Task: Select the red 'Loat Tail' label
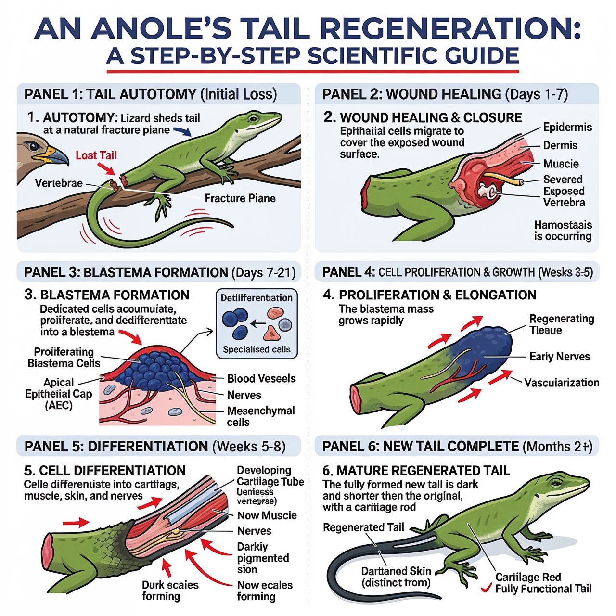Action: point(96,155)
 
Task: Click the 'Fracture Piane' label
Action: point(240,198)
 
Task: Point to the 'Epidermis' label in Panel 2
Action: point(567,127)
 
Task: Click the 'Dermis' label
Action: point(560,145)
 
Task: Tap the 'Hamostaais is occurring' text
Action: point(563,231)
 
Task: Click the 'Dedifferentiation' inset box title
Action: point(257,298)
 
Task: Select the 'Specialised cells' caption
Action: point(257,349)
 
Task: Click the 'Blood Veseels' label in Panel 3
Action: point(261,379)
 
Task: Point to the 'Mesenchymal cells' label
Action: point(260,416)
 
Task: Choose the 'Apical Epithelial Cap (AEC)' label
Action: point(58,394)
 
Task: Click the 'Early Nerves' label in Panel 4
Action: point(559,357)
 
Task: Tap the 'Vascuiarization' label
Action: point(562,383)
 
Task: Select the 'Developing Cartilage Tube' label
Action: point(270,476)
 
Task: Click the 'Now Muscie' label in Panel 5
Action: point(267,515)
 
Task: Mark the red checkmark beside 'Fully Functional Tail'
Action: point(486,588)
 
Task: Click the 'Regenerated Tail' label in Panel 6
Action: point(363,527)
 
